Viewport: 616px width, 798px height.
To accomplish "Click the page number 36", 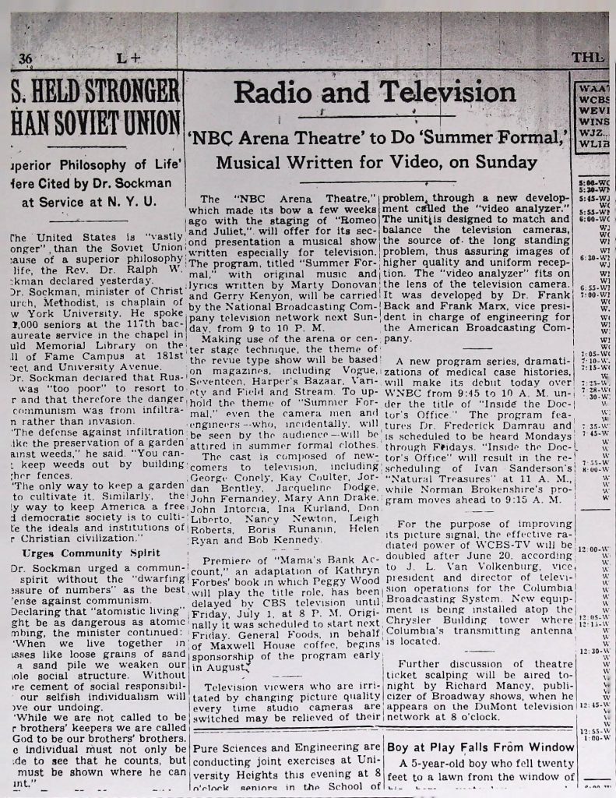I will point(26,59).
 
